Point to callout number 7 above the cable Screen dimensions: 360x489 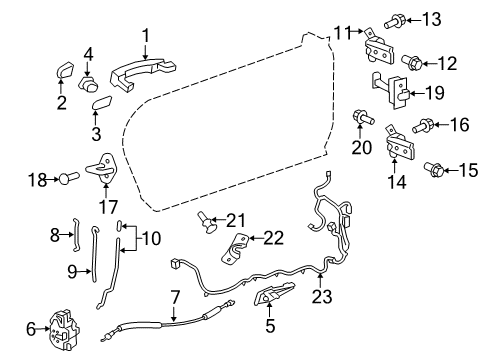coord(175,296)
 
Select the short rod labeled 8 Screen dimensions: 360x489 coord(73,237)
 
